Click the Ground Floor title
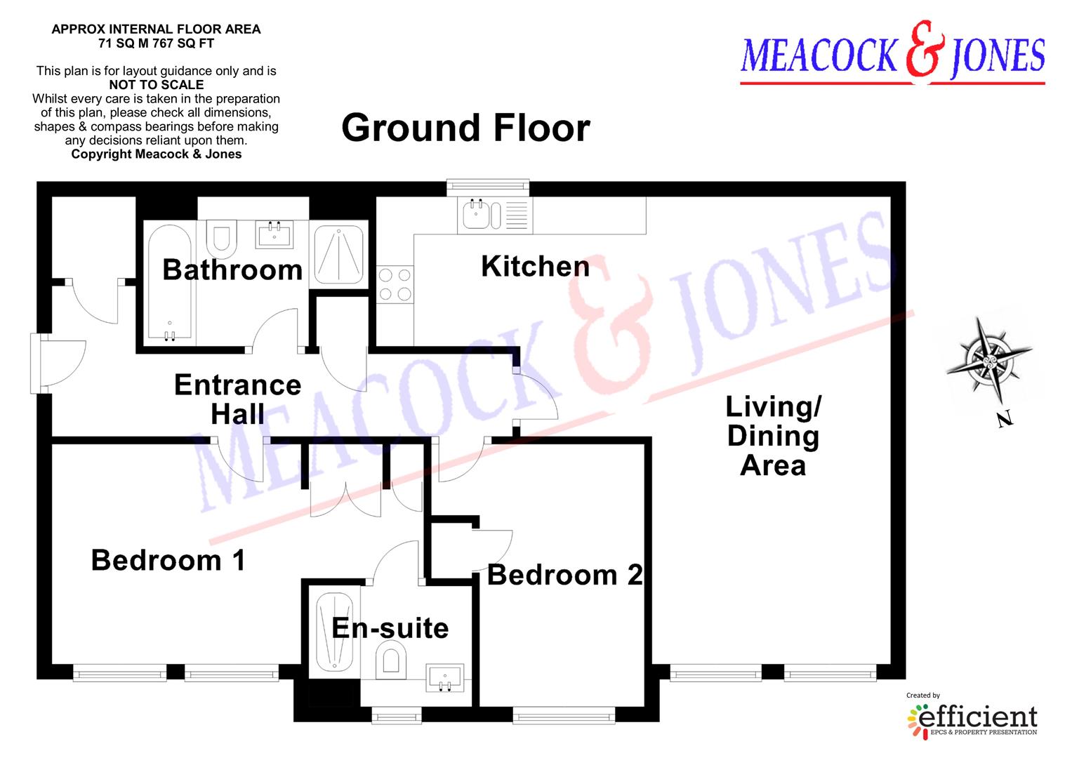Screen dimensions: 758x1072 (x=465, y=128)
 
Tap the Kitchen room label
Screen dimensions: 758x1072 (x=535, y=267)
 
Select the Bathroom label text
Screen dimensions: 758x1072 (x=232, y=270)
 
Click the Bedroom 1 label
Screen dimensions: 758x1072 (x=168, y=561)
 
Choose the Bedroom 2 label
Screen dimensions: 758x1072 (x=564, y=576)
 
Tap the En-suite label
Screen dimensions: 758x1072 (x=390, y=628)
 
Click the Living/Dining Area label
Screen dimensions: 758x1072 (x=773, y=436)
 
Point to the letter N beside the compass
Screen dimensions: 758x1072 (x=1005, y=420)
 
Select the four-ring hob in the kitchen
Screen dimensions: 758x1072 (x=395, y=284)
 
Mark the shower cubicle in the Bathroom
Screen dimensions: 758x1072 (x=338, y=253)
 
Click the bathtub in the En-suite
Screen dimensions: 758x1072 (x=334, y=632)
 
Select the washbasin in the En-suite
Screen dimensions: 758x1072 (x=444, y=679)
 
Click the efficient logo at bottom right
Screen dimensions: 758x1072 (x=972, y=717)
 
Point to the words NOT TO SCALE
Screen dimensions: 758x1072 (x=156, y=85)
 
